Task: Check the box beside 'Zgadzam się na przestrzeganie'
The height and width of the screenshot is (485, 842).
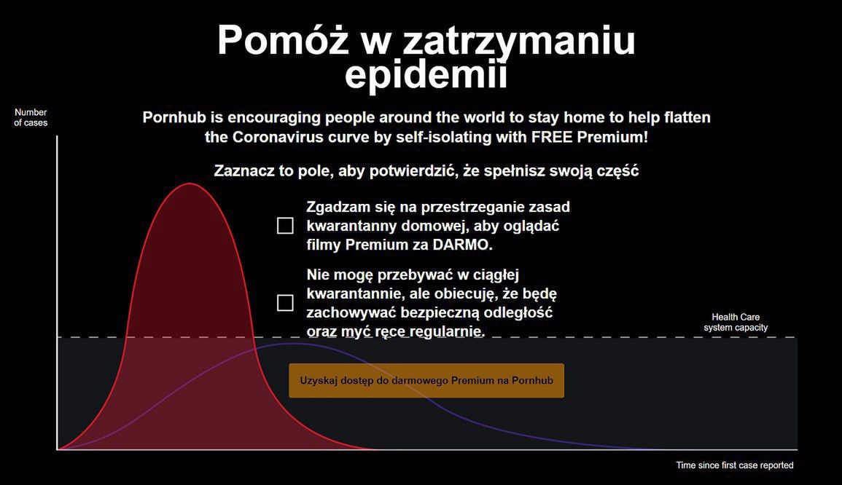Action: [285, 226]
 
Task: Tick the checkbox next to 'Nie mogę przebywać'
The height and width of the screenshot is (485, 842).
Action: [285, 303]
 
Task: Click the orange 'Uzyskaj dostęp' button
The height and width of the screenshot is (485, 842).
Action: [426, 381]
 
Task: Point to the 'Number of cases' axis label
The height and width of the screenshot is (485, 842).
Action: [31, 118]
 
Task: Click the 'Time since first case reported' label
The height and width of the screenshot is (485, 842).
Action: [734, 465]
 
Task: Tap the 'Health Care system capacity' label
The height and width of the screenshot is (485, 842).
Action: [736, 323]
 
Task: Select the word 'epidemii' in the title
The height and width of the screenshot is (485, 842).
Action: [426, 74]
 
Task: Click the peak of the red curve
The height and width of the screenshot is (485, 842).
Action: [190, 184]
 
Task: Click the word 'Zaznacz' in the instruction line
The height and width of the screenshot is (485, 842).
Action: [243, 171]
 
